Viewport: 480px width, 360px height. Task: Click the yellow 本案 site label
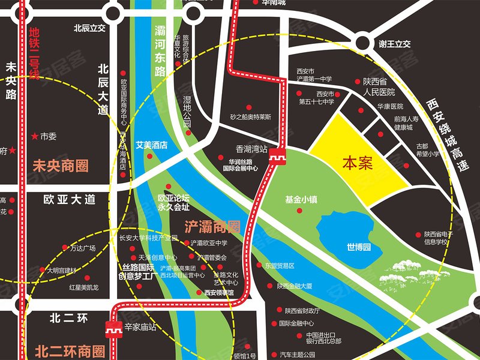point(358,163)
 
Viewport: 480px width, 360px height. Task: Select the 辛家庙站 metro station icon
point(113,328)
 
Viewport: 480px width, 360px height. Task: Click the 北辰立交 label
point(89,28)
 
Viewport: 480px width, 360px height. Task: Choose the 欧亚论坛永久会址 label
point(173,202)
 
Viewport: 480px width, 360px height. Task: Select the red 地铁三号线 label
point(34,54)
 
